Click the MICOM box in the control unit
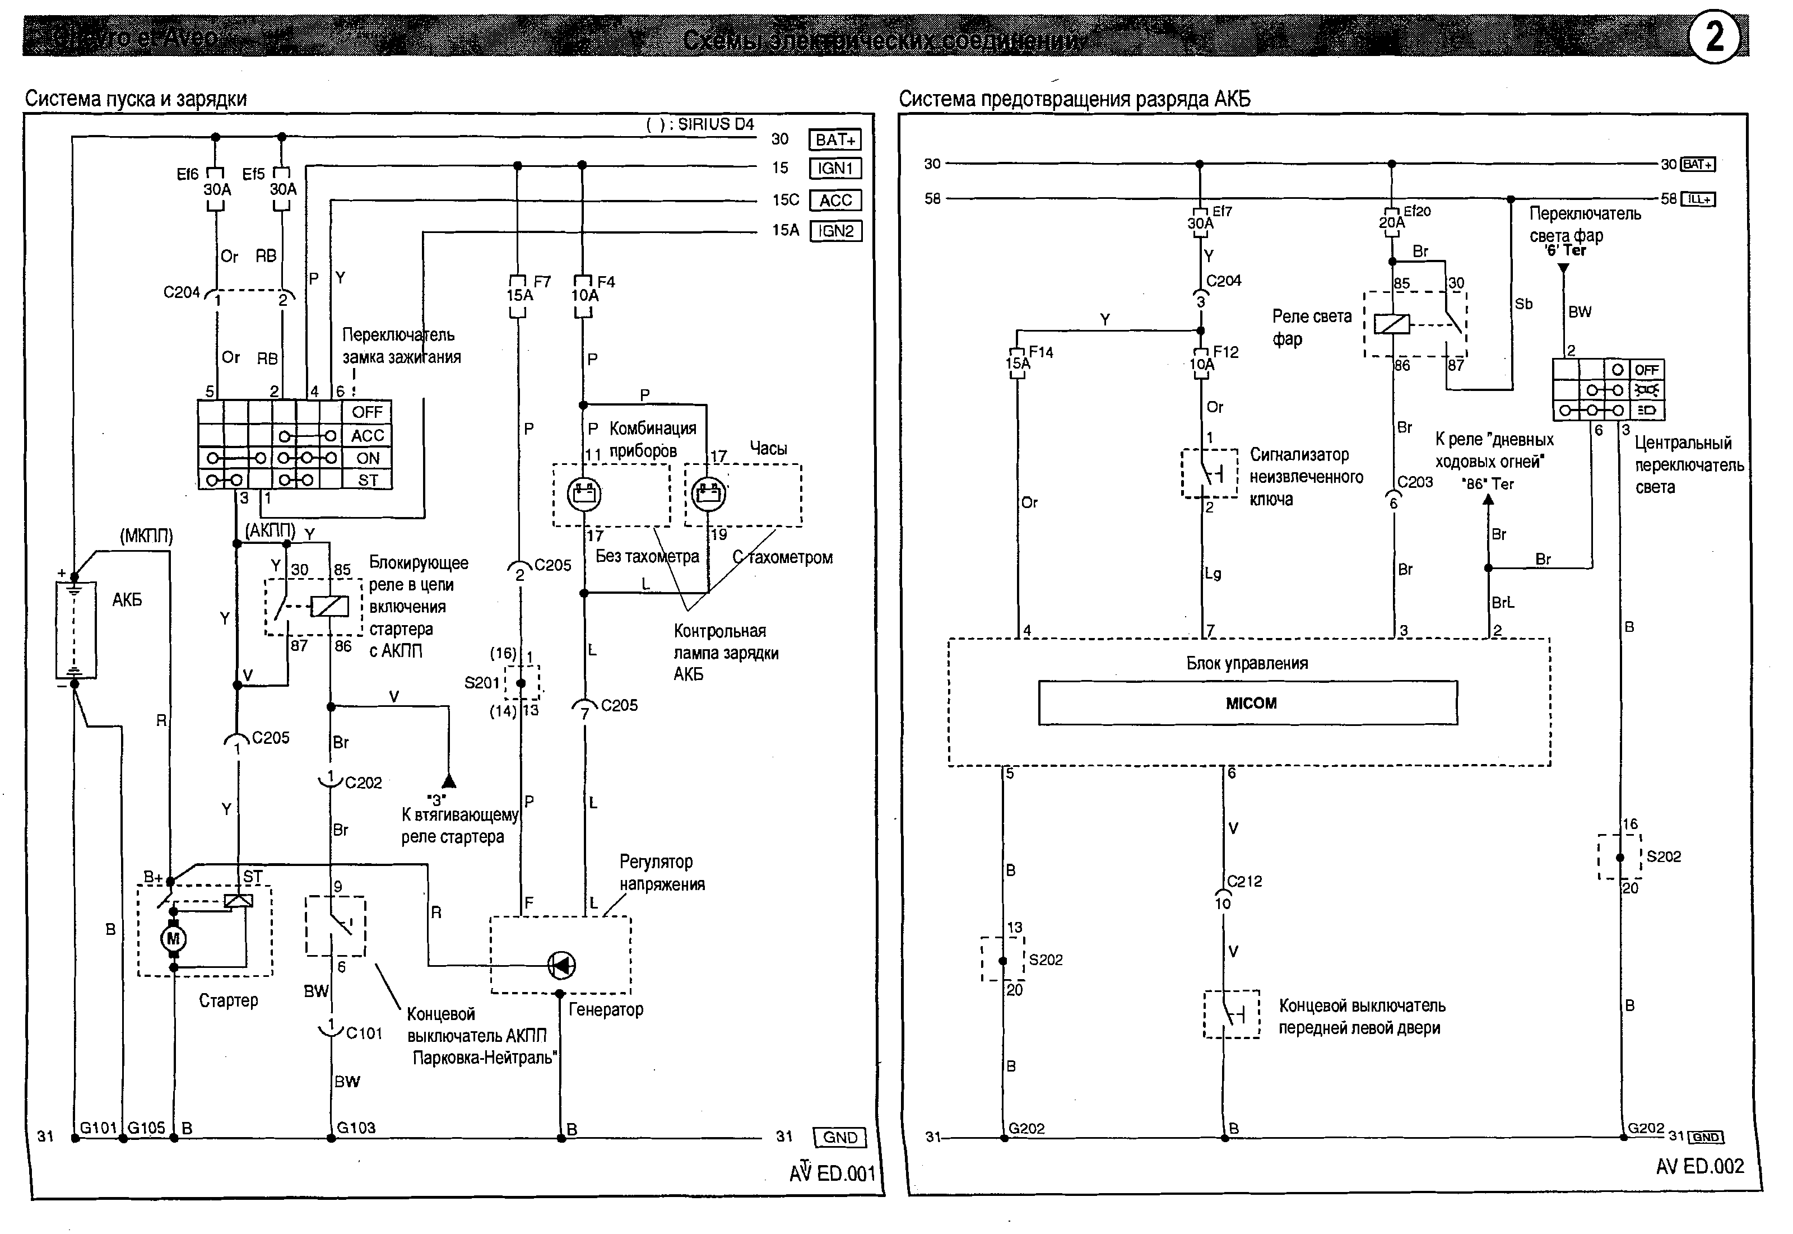[x=1247, y=703]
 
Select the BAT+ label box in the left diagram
[x=834, y=140]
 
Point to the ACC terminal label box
[x=835, y=201]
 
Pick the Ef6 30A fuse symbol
[x=216, y=189]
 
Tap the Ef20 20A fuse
[x=1392, y=222]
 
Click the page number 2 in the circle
[x=1715, y=36]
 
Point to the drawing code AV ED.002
[x=1699, y=1167]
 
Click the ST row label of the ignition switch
[x=368, y=480]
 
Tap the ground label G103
[x=356, y=1128]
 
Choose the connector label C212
[x=1244, y=881]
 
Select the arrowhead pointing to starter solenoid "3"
[x=448, y=781]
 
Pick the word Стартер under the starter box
[x=228, y=1000]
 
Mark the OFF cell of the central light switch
[x=1646, y=370]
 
